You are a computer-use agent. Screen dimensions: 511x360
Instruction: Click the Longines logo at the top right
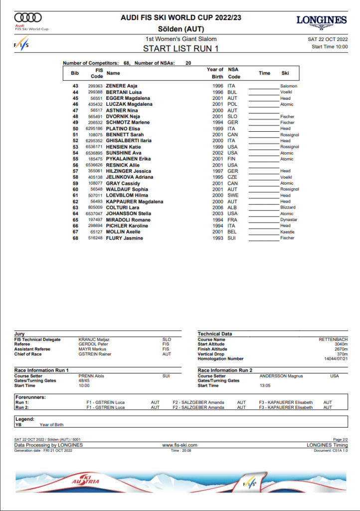[321, 21]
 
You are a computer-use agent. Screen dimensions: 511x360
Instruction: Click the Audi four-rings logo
[27, 18]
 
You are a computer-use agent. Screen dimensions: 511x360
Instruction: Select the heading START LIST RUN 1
[180, 48]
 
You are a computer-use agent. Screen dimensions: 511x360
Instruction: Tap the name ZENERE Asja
[122, 86]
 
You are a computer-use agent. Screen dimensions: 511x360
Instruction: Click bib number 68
[75, 238]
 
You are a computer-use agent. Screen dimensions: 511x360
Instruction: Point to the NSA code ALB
[232, 208]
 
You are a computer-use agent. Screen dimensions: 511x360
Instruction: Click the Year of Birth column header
[215, 73]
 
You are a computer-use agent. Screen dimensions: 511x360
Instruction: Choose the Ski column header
[285, 73]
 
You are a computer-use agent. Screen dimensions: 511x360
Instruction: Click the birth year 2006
[217, 208]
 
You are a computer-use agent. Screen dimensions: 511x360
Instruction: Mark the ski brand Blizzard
[288, 208]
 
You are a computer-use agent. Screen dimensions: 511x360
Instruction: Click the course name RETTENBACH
[333, 339]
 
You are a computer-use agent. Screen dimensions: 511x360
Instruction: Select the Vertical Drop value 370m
[342, 354]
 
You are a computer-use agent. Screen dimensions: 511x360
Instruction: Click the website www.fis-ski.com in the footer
[180, 445]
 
